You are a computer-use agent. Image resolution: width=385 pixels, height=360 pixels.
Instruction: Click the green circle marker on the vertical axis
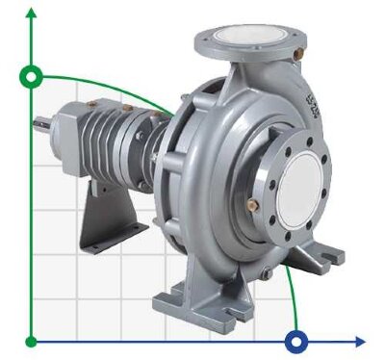32,75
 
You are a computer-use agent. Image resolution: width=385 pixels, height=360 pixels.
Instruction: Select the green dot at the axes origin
32,341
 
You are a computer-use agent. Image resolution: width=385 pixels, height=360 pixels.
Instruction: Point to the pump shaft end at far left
40,121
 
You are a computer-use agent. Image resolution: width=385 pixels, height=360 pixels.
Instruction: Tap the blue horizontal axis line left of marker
164,341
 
